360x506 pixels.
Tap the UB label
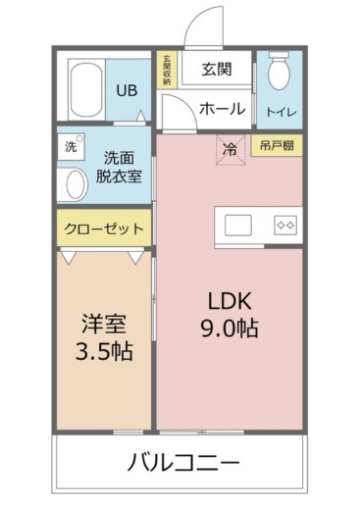click(127, 90)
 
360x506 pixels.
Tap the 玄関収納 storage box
click(167, 69)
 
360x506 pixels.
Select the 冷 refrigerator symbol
click(230, 151)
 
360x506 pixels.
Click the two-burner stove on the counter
click(285, 223)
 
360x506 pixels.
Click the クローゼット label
click(103, 228)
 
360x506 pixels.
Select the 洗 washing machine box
click(70, 147)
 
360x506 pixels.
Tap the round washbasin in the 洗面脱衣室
click(73, 184)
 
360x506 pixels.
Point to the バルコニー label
click(182, 461)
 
